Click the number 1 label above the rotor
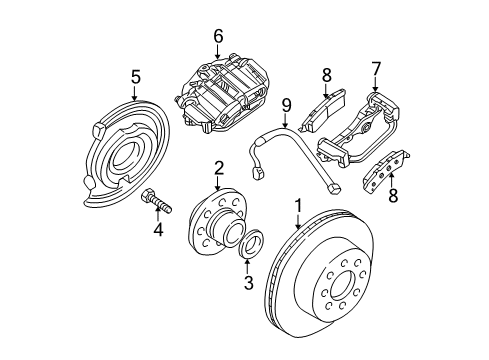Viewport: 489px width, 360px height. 297,208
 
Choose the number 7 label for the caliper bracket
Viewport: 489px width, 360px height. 377,68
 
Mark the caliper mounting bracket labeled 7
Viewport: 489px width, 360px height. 360,130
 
